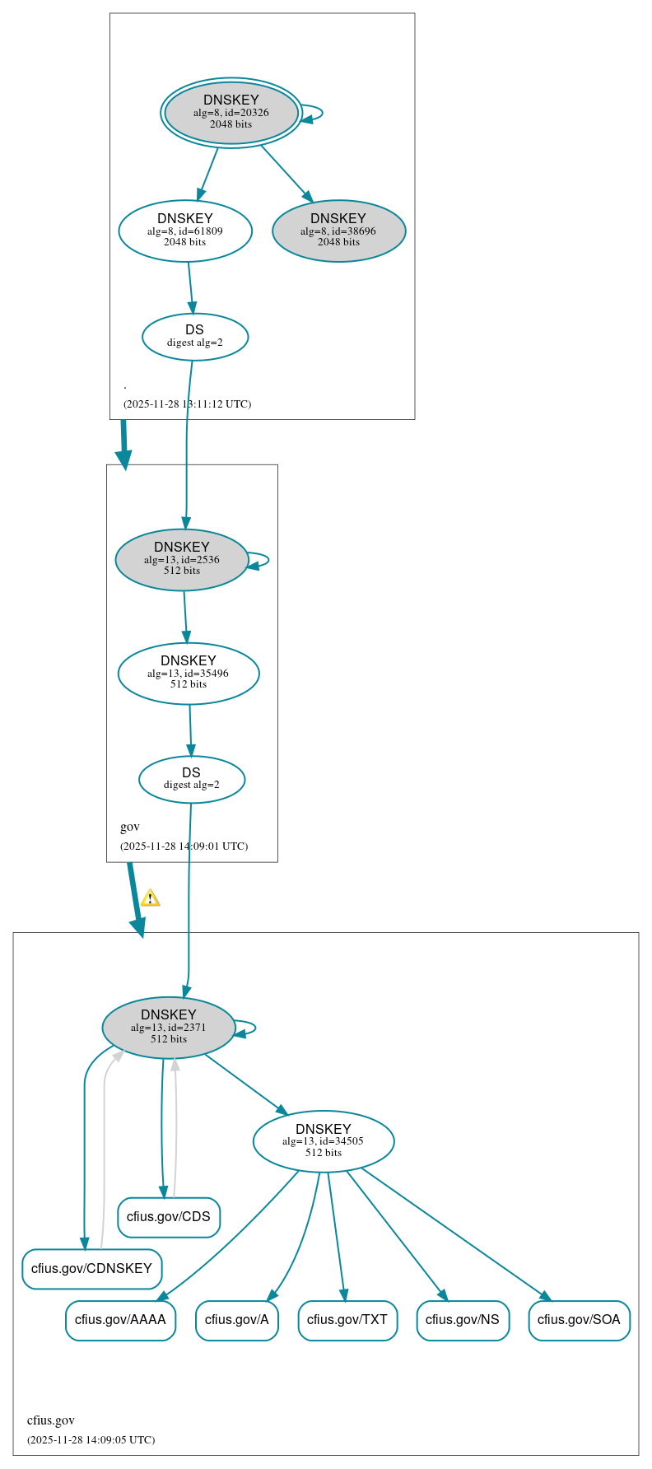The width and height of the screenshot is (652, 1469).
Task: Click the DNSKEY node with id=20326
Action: point(231,113)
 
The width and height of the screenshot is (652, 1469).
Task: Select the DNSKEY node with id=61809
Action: point(185,231)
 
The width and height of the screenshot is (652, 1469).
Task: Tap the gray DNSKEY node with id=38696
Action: point(338,231)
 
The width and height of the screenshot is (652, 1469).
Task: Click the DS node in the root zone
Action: point(195,337)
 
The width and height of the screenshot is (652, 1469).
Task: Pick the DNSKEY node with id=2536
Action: point(182,560)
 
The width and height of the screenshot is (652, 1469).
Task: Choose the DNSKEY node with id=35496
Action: point(189,674)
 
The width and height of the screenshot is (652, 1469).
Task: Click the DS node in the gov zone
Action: point(192,779)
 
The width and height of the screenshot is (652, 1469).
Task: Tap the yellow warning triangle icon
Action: point(150,898)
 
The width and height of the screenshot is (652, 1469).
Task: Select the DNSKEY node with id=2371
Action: point(169,1028)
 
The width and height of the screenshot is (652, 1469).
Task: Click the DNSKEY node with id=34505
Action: point(324,1141)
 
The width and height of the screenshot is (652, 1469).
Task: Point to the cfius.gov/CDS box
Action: point(169,1217)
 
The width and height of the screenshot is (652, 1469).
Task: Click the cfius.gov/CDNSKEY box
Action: point(91,1269)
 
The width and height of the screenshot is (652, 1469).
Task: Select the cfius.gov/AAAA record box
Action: point(120,1320)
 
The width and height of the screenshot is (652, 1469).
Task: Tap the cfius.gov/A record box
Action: point(237,1320)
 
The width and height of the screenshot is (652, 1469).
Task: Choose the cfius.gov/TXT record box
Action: point(347,1320)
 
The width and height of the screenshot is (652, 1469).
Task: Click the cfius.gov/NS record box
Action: point(463,1320)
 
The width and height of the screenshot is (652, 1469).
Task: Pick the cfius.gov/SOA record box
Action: point(579,1320)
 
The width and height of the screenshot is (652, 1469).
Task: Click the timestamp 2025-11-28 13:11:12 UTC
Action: point(187,404)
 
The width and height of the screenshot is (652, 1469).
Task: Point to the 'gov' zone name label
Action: point(130,827)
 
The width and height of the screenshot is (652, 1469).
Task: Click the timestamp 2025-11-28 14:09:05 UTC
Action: point(91,1440)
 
